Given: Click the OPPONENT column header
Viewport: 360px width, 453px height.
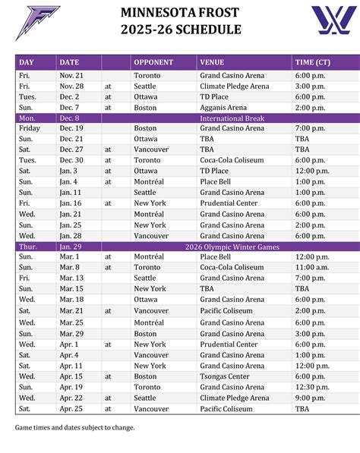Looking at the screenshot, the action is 153,62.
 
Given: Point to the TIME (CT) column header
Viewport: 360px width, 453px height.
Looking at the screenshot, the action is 315,62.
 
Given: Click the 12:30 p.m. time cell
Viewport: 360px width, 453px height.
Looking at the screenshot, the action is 312,387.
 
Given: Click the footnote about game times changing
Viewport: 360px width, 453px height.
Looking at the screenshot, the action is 74,427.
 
